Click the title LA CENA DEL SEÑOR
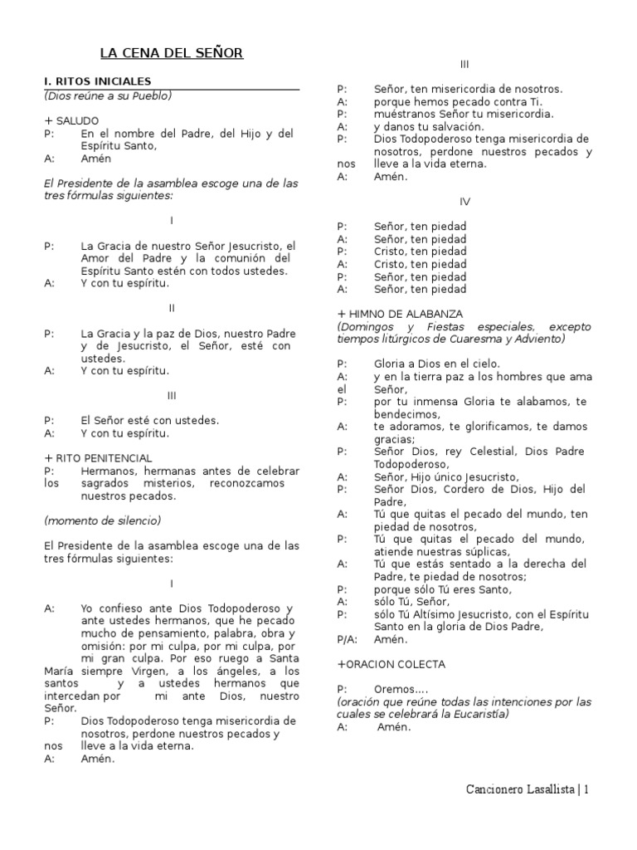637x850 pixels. click(172, 53)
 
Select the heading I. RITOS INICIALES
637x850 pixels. click(98, 81)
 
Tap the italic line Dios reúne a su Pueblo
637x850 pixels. click(108, 95)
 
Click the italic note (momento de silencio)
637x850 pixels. click(102, 520)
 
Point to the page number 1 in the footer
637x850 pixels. click(586, 789)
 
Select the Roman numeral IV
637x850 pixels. click(465, 202)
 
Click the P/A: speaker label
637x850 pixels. click(348, 639)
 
